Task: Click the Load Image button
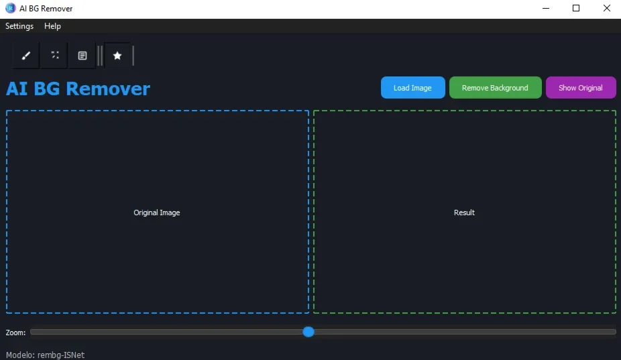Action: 412,88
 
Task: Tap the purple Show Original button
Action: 581,88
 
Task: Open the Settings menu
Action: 19,26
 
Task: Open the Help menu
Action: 52,26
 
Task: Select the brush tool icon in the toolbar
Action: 26,56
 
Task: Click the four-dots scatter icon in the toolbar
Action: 55,55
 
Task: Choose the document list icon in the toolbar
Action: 82,56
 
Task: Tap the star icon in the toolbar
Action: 117,56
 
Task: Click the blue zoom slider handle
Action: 308,332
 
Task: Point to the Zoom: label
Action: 15,333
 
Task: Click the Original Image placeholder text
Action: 157,213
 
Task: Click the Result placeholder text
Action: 464,213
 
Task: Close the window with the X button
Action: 607,8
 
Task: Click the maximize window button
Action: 576,8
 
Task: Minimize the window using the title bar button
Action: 546,8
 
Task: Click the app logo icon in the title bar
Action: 11,8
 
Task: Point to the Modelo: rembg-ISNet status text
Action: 45,355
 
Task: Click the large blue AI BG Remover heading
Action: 78,88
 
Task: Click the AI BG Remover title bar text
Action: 46,9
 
